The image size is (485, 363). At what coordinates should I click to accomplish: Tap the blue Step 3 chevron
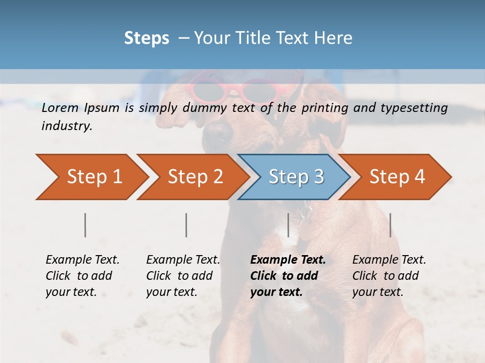[x=296, y=177]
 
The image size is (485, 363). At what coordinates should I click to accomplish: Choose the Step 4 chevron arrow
[x=397, y=177]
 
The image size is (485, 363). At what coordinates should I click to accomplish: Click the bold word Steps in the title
[x=147, y=38]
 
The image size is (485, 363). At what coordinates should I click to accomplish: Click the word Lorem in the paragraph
[x=60, y=107]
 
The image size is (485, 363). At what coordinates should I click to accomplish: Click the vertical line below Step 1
[x=85, y=225]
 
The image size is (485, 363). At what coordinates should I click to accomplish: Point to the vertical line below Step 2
[x=186, y=225]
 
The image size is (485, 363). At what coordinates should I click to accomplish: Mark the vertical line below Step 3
[x=288, y=225]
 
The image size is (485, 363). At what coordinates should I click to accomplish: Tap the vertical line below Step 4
[x=390, y=225]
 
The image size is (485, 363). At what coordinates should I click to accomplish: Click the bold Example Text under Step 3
[x=288, y=260]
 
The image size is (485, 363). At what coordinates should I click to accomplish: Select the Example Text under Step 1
[x=82, y=260]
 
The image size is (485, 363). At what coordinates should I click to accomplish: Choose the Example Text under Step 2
[x=183, y=260]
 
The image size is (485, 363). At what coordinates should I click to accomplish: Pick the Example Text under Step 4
[x=389, y=260]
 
